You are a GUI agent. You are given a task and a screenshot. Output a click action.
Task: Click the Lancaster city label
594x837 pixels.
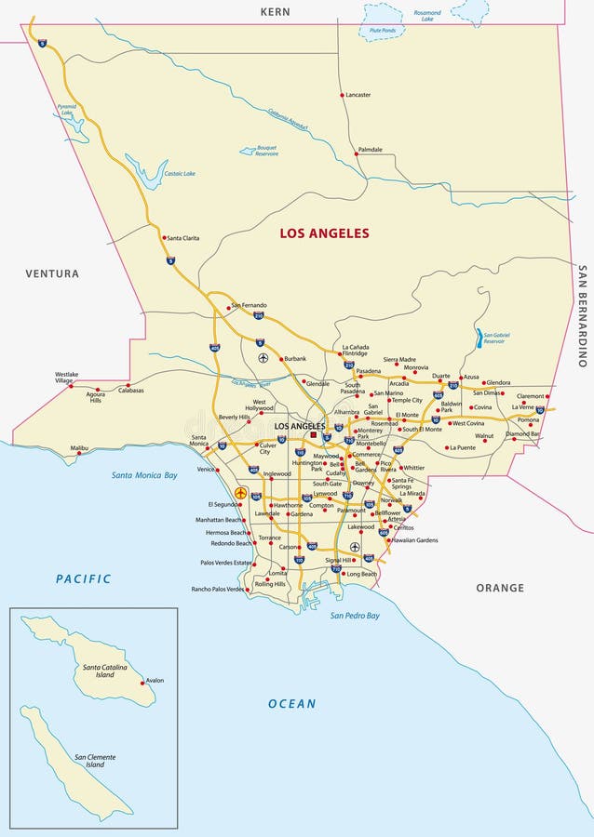(358, 95)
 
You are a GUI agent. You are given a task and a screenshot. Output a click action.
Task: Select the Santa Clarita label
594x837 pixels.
(183, 238)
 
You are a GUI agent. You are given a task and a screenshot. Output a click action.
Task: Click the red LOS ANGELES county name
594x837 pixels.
(324, 233)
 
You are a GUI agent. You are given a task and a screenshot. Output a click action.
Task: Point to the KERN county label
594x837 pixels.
(275, 12)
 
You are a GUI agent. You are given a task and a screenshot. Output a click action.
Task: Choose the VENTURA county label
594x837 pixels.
(53, 273)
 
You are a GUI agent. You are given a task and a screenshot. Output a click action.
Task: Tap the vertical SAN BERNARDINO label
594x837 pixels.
(582, 316)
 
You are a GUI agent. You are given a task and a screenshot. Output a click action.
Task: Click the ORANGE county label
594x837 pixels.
(500, 588)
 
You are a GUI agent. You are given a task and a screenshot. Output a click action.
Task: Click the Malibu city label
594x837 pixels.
(80, 447)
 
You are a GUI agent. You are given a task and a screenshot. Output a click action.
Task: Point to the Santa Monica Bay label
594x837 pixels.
(144, 475)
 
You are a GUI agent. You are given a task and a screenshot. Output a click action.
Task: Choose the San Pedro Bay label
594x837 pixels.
(355, 616)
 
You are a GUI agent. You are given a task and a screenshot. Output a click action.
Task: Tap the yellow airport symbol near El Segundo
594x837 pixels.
(241, 493)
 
